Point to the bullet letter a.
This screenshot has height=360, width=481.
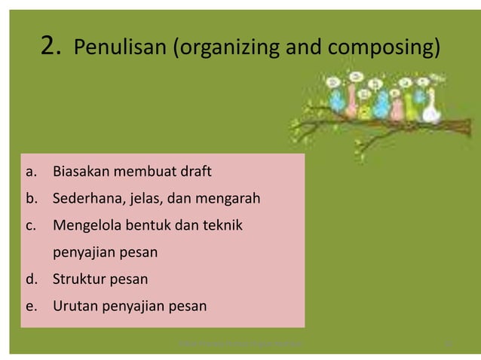[x=30, y=172]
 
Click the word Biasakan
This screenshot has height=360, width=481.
[x=82, y=172]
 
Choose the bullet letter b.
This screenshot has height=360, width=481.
[x=30, y=200]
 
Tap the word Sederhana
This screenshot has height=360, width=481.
[x=87, y=200]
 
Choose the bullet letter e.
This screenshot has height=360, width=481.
[x=30, y=307]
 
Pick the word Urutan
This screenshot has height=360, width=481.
[x=76, y=307]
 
